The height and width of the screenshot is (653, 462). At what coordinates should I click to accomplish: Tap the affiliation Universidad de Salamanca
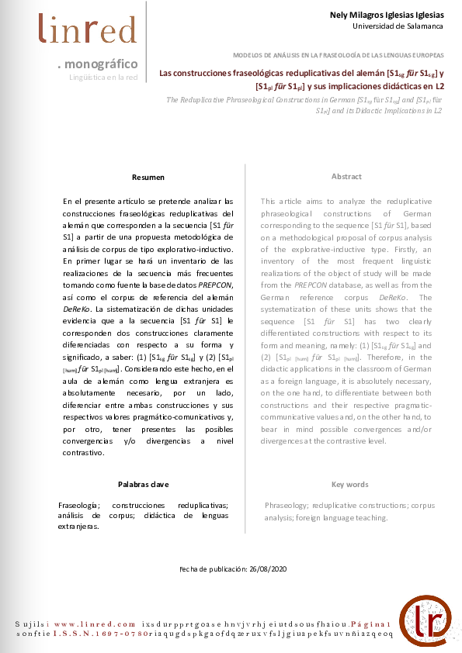[398, 26]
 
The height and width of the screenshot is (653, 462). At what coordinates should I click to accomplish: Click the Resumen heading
[148, 178]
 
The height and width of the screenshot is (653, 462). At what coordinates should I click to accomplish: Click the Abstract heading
[346, 177]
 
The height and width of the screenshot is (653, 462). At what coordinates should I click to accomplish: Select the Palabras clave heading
[144, 484]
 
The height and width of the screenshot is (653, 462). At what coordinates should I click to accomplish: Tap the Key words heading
[349, 485]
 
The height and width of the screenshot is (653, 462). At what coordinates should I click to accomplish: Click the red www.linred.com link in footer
[96, 624]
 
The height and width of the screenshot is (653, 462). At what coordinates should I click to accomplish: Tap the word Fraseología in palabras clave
[78, 505]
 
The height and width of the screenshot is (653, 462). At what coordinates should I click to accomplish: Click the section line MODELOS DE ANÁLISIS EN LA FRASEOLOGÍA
[339, 56]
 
